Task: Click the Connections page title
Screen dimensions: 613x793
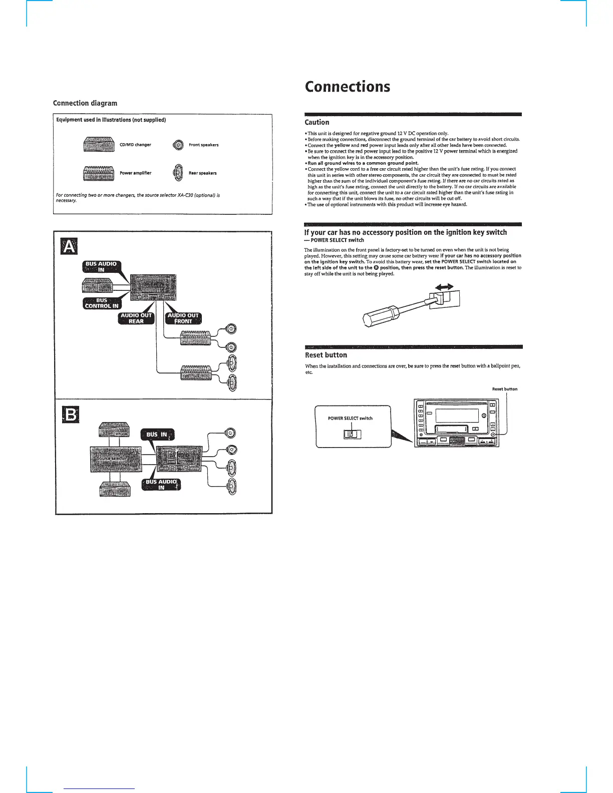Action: (347, 87)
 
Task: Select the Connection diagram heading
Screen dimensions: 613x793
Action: (85, 103)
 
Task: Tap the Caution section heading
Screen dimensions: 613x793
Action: (317, 122)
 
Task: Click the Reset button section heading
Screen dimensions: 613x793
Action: (326, 355)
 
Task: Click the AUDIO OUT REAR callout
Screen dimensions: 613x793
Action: (136, 318)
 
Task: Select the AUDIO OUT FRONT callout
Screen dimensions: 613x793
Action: (183, 318)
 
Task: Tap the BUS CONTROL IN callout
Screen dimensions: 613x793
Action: (102, 303)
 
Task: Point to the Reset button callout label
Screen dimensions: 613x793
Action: (504, 389)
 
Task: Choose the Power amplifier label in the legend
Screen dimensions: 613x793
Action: (135, 173)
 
